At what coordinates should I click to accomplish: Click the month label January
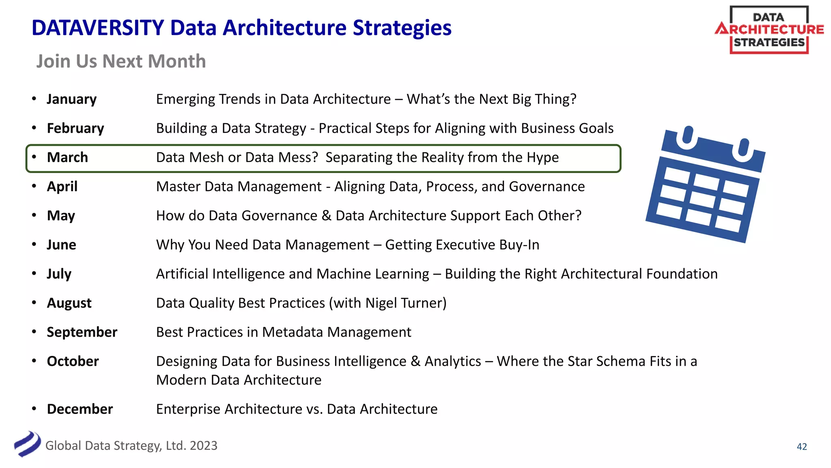point(71,99)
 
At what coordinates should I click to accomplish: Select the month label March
point(67,157)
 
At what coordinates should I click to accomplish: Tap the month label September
point(82,332)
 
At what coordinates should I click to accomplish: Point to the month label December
point(80,409)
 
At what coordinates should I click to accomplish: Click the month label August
point(69,303)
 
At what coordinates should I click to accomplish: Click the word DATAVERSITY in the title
point(98,28)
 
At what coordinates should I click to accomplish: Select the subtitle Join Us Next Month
point(121,61)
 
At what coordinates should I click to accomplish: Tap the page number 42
point(802,446)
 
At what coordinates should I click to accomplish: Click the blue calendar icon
point(705,185)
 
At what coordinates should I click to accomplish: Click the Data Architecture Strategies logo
point(769,30)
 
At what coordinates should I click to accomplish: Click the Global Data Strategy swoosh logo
point(27,444)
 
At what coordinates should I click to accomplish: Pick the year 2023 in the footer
point(203,446)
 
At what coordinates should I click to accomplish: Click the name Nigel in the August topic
point(381,303)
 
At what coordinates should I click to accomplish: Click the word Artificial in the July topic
point(182,274)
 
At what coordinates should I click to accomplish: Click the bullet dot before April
point(34,186)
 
